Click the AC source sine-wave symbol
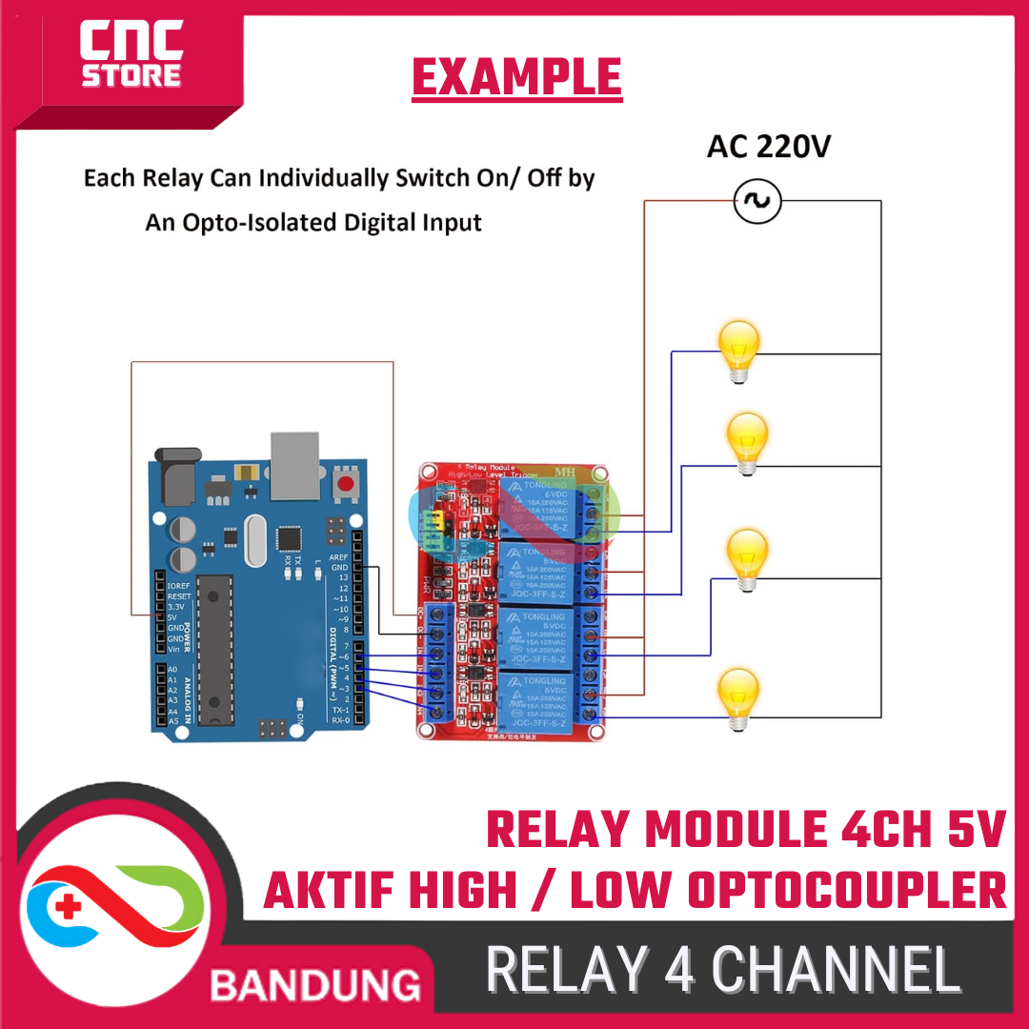(758, 201)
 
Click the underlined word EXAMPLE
(516, 78)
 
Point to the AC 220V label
(767, 148)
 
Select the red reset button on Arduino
(345, 484)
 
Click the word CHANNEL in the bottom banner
(836, 971)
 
